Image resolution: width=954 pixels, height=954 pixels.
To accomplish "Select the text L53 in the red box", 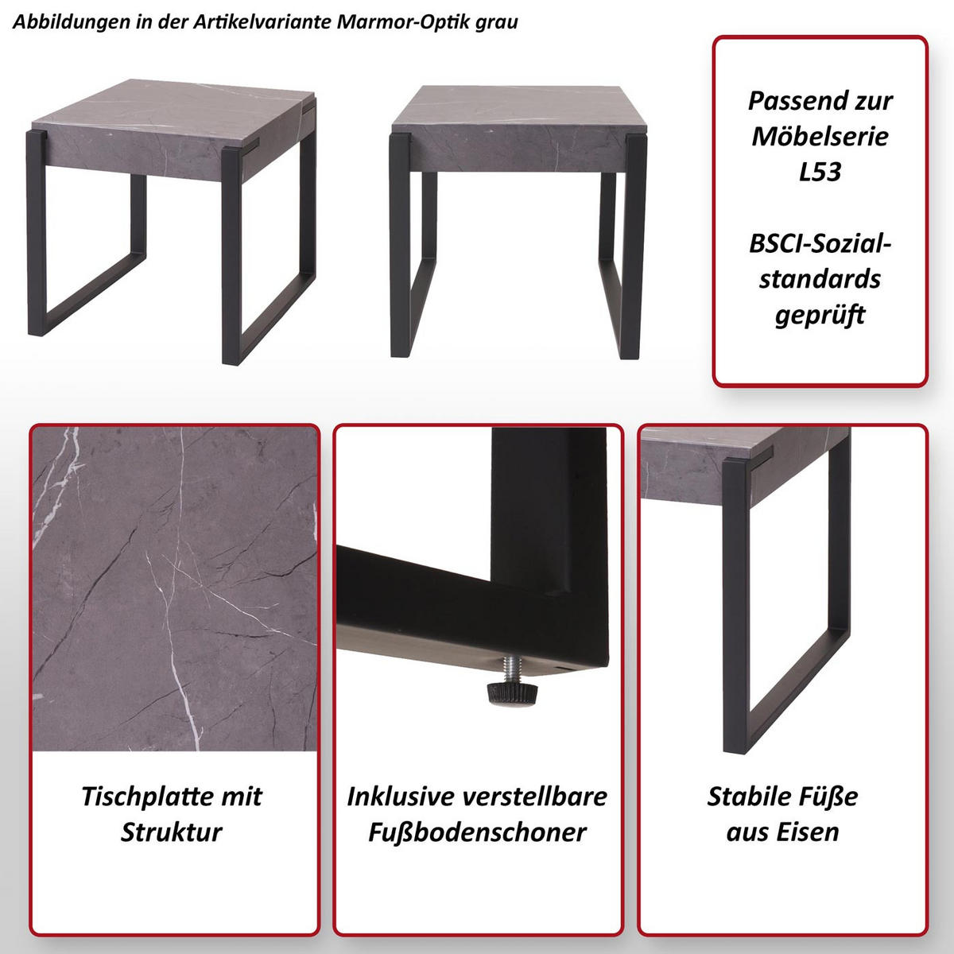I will (x=820, y=172).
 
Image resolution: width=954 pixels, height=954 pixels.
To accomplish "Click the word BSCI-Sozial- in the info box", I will (x=820, y=243).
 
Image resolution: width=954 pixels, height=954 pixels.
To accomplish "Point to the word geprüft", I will (x=820, y=316).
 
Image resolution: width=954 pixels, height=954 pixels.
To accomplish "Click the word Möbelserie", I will (x=820, y=136).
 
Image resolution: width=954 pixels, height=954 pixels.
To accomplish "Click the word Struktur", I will (x=172, y=832).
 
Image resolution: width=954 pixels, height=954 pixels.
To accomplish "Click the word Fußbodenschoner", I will (x=477, y=832).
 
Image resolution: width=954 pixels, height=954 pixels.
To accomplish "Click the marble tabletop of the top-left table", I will (x=171, y=103).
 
